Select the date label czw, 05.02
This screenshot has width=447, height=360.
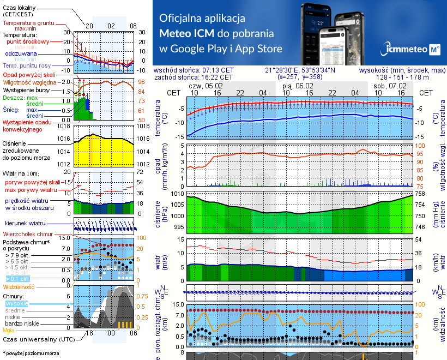tap(206, 86)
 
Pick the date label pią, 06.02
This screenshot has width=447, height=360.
tap(298, 86)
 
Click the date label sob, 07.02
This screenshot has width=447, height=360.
tap(390, 86)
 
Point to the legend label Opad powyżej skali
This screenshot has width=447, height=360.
tap(28, 74)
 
